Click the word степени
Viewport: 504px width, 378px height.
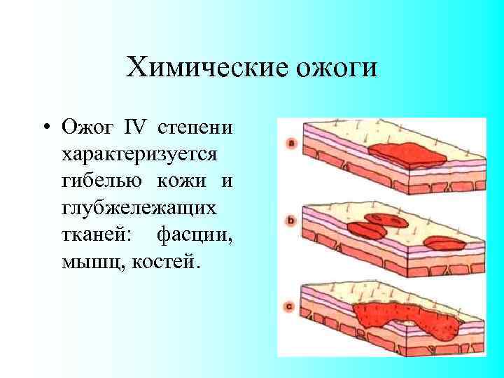coord(196,128)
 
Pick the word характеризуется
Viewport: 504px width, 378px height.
coord(139,155)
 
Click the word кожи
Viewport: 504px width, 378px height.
coord(181,181)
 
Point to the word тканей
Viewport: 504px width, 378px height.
coord(94,234)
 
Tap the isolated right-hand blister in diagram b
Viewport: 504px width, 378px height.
coord(445,244)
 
